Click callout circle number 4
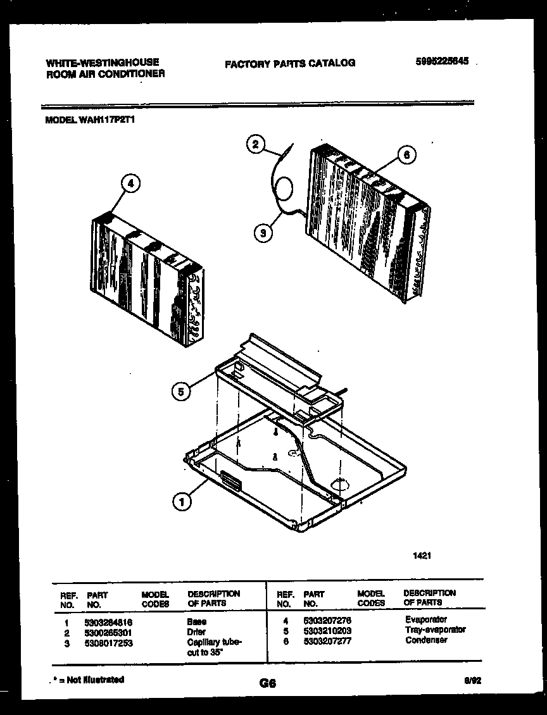coord(130,184)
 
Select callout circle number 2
coord(255,145)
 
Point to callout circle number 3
coord(263,233)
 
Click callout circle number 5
coord(180,392)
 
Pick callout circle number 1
coord(182,502)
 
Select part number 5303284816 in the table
coord(108,623)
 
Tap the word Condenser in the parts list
coord(426,640)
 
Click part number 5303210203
coord(327,631)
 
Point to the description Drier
coord(197,632)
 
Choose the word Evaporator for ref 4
coord(425,620)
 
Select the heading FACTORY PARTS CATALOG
coord(290,63)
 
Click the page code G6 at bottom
coord(267,683)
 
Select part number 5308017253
coord(108,643)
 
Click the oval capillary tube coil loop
coord(284,189)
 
